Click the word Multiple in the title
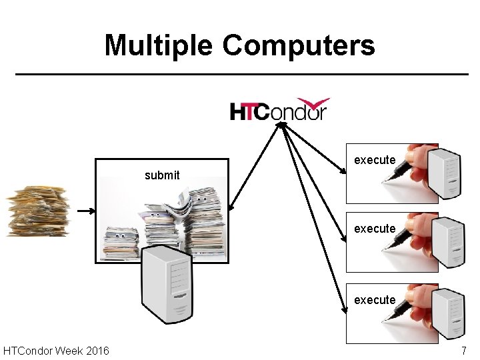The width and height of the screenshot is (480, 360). pos(159,46)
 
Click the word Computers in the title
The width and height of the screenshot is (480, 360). pos(299,46)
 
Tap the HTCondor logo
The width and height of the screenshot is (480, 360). pos(279,110)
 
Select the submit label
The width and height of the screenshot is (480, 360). pos(162,175)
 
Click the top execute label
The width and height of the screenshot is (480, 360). pos(375,160)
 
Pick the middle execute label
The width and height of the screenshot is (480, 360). pos(375,229)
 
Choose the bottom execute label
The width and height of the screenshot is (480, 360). pos(375,300)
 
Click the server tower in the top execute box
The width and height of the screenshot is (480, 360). pos(444,173)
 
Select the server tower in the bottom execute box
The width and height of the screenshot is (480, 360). pos(447,313)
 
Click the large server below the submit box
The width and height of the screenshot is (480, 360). pos(167,284)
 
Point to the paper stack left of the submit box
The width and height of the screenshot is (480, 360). pos(37,211)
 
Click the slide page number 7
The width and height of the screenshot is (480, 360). pos(464,351)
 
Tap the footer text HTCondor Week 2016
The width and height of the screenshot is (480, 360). pos(57,351)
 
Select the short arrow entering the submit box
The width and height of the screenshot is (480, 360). pos(86,211)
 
